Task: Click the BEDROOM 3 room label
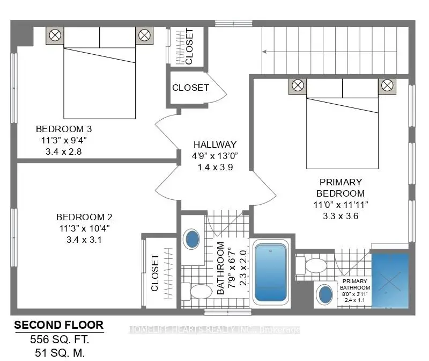(64, 129)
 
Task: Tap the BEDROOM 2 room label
(84, 217)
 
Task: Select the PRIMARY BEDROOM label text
(340, 187)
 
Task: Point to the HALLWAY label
(215, 145)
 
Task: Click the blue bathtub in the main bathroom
(271, 272)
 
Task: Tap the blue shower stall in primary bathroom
(390, 279)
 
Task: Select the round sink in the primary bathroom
(325, 294)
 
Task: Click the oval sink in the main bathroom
(192, 239)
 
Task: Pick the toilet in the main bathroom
(198, 292)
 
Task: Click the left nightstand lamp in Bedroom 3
(55, 36)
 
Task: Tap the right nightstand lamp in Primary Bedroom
(386, 85)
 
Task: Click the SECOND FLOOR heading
(58, 326)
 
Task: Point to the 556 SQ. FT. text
(58, 340)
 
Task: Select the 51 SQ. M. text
(58, 352)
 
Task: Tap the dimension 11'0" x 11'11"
(340, 205)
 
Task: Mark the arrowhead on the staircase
(264, 52)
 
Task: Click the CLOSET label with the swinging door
(190, 88)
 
